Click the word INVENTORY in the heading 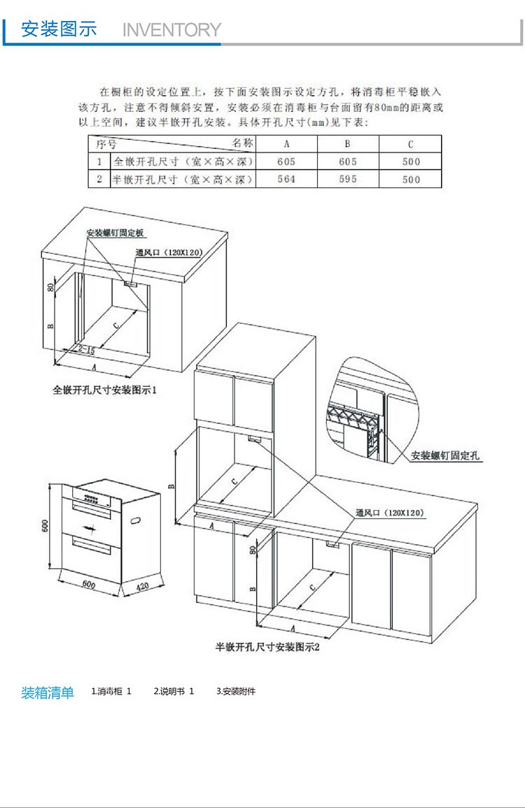click(x=171, y=30)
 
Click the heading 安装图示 click(x=59, y=29)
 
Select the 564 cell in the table click(x=286, y=179)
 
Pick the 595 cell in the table click(x=348, y=179)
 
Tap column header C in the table click(x=411, y=144)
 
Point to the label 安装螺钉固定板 click(x=115, y=233)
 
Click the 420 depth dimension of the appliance click(x=142, y=586)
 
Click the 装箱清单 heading click(x=48, y=693)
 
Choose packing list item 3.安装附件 click(x=236, y=692)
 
